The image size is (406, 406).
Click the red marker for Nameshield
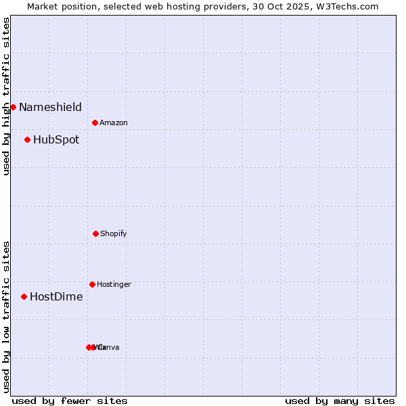pyautogui.click(x=13, y=107)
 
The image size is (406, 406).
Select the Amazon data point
pyautogui.click(x=95, y=122)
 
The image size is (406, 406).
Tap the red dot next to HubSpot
pyautogui.click(x=27, y=140)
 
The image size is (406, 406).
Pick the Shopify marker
pyautogui.click(x=95, y=233)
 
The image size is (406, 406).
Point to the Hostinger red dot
pyautogui.click(x=92, y=284)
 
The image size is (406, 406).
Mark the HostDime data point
pyautogui.click(x=24, y=296)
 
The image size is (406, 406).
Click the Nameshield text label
pyautogui.click(x=50, y=107)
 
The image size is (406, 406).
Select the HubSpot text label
pyautogui.click(x=56, y=140)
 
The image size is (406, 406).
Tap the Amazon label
pyautogui.click(x=114, y=122)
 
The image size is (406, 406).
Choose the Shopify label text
pyautogui.click(x=114, y=233)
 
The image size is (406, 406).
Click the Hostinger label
pyautogui.click(x=114, y=284)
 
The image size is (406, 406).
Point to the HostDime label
pyautogui.click(x=56, y=296)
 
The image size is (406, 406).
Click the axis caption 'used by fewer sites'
pyautogui.click(x=70, y=401)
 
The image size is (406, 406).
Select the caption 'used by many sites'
pyautogui.click(x=340, y=401)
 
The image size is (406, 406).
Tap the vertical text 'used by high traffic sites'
pyautogui.click(x=6, y=96)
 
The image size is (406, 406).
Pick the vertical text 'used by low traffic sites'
pyautogui.click(x=6, y=317)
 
